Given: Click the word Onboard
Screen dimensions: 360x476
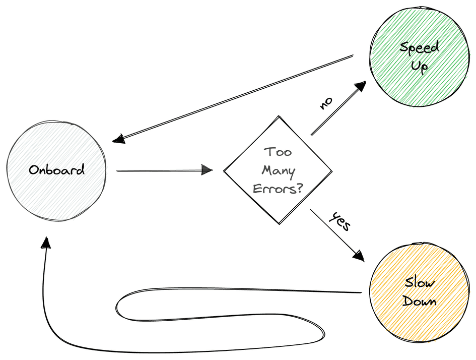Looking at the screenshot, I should point(56,170).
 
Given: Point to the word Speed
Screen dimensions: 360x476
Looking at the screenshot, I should point(420,47).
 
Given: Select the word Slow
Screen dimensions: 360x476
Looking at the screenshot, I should point(419,283).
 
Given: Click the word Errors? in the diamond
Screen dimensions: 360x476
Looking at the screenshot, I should point(278,189).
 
